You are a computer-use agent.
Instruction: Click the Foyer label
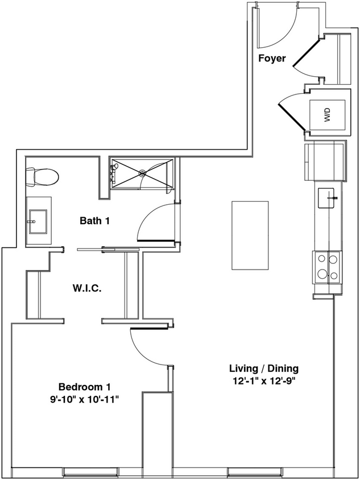[x=272, y=59]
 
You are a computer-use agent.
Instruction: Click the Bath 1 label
[x=94, y=221]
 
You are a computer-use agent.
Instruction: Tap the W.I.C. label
[x=87, y=288]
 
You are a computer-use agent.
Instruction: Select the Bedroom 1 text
[x=87, y=387]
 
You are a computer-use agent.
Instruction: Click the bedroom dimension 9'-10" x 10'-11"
[x=87, y=399]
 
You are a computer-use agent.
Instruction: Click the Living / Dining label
[x=263, y=368]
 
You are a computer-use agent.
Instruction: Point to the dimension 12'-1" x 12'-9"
[x=263, y=380]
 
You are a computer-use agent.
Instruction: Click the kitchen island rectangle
[x=250, y=235]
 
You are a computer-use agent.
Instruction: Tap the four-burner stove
[x=327, y=267]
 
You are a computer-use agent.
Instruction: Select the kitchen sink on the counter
[x=327, y=197]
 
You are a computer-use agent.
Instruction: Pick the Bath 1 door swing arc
[x=155, y=222]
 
